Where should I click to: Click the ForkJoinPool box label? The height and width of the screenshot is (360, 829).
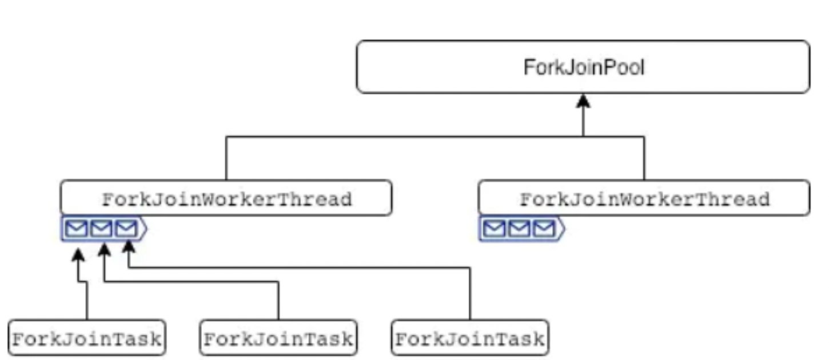tap(583, 67)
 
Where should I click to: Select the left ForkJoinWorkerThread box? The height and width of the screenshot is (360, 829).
tap(226, 199)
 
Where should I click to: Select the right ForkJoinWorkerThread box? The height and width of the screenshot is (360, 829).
tap(644, 199)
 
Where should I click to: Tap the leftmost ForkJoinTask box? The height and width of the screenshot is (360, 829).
tap(87, 338)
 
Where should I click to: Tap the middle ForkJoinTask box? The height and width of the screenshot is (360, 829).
tap(278, 338)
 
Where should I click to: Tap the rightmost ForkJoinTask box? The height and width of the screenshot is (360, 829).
tap(470, 338)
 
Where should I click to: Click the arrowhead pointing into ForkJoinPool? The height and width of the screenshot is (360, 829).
tap(583, 102)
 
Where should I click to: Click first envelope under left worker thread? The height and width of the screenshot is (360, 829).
tap(77, 229)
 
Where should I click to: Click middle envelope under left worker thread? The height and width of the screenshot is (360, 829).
tap(101, 229)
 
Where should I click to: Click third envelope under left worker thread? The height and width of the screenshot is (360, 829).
tap(126, 229)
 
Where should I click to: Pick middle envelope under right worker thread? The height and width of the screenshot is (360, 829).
tap(519, 229)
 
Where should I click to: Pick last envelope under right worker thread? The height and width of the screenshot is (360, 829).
tap(544, 229)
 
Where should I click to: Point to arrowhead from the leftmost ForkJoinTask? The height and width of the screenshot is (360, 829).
tap(78, 253)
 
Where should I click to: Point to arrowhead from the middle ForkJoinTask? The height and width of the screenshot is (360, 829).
tap(104, 249)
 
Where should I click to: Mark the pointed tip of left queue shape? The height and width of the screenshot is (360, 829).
tap(146, 229)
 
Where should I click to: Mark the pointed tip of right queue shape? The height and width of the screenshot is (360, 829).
tap(564, 229)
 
